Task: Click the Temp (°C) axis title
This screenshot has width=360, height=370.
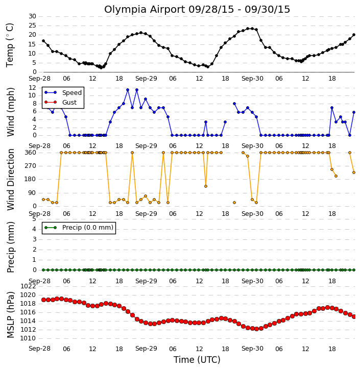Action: pos(10,45)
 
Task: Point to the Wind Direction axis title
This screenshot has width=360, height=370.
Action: pos(11,180)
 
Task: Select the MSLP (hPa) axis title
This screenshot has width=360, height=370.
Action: pos(11,315)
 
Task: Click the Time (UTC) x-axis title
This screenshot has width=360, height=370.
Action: pos(197,360)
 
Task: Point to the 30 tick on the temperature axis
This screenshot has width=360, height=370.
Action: pos(32,16)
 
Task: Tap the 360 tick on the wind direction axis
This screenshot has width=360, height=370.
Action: pos(31,153)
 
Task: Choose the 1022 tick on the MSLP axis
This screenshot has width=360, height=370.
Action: pos(28,286)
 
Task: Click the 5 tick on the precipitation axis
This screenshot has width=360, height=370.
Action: pos(34,219)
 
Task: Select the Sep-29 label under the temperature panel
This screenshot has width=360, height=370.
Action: pos(146,79)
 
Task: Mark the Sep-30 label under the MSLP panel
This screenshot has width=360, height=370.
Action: pos(252,349)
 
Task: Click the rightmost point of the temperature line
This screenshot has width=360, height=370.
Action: pos(354,35)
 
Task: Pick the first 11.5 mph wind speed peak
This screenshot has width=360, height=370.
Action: pos(128,90)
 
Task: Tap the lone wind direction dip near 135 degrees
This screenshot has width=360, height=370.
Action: pos(206,186)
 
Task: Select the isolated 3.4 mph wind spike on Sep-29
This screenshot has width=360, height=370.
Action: pos(206,122)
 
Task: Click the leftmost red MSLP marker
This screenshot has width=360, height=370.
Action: pos(43,300)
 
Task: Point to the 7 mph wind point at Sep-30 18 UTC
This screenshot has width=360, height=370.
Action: pos(332,108)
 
